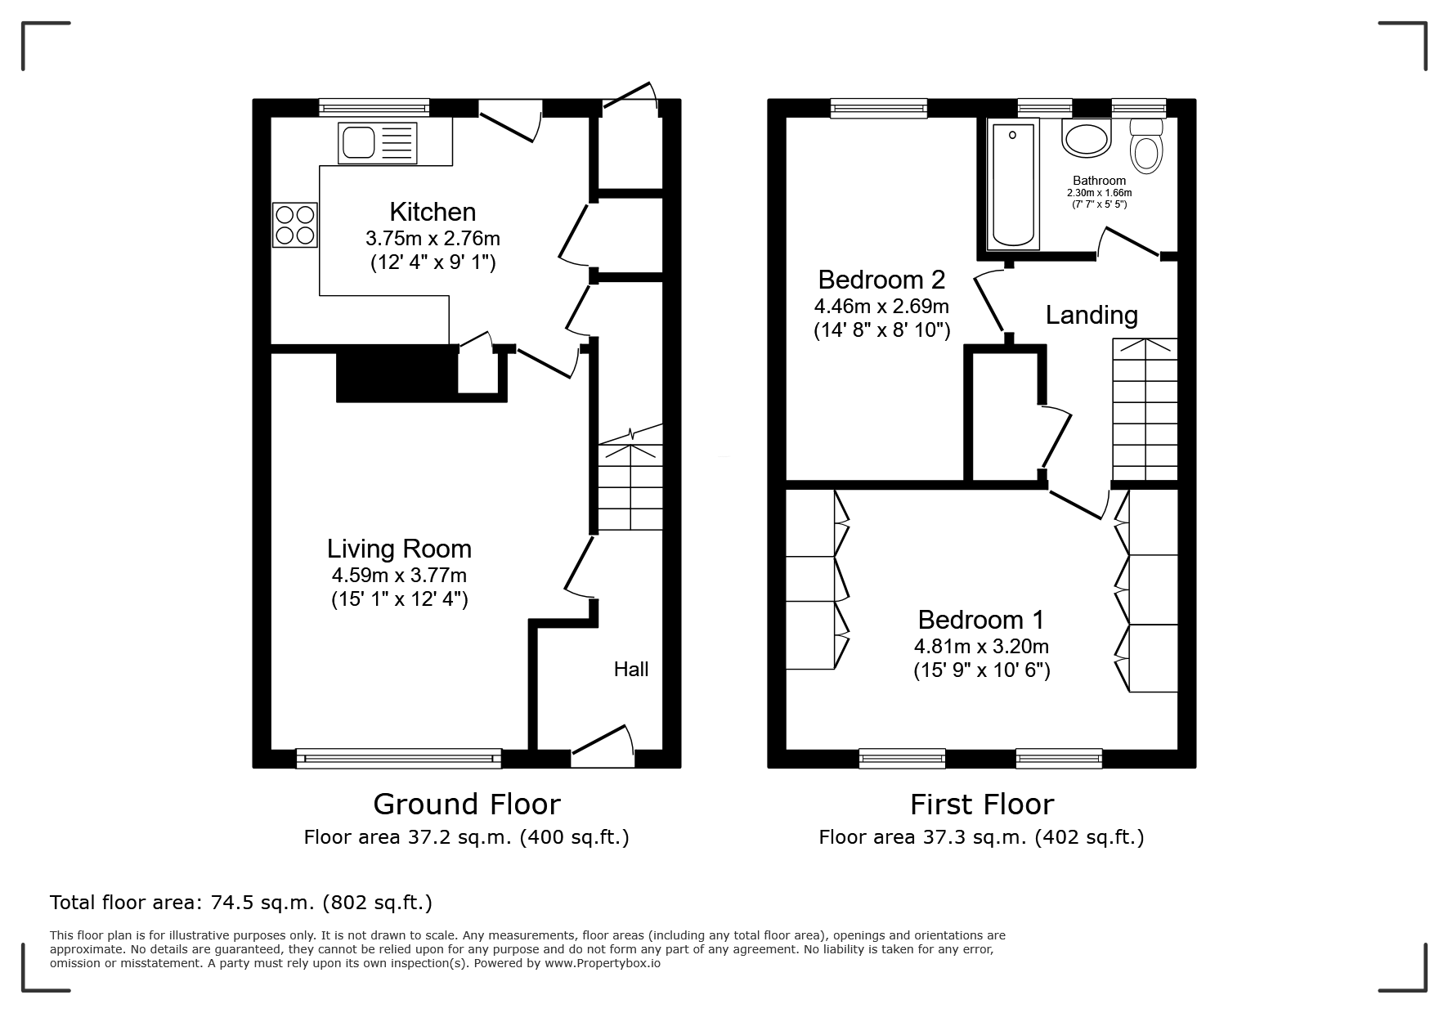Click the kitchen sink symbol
click(377, 142)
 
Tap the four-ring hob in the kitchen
click(294, 225)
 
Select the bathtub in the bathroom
click(1014, 183)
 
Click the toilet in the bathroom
click(1146, 145)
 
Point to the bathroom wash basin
click(1087, 138)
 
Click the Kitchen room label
click(433, 212)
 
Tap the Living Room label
click(400, 549)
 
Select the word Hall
click(631, 670)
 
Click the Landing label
click(1092, 315)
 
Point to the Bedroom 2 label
click(881, 280)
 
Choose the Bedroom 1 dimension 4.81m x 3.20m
click(981, 646)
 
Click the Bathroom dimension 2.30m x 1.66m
click(1099, 193)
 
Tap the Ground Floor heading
click(467, 805)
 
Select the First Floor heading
click(982, 805)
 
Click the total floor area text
click(241, 903)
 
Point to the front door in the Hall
click(603, 746)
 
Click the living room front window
click(399, 759)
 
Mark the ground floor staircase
click(630, 477)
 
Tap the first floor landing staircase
click(1145, 410)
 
